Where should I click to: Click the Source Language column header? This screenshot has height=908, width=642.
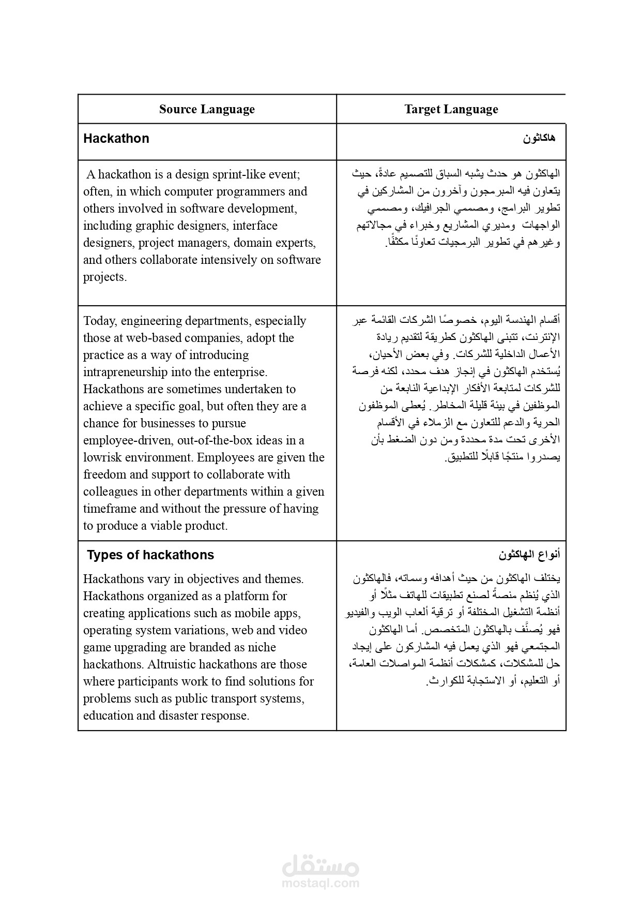pyautogui.click(x=207, y=109)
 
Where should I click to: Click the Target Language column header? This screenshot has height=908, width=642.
pyautogui.click(x=451, y=109)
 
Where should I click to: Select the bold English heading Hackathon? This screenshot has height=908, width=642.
pyautogui.click(x=116, y=139)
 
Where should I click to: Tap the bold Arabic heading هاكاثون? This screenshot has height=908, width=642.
pyautogui.click(x=539, y=139)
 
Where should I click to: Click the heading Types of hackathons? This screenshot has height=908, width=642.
pyautogui.click(x=150, y=555)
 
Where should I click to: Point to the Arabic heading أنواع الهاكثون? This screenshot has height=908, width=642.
pyautogui.click(x=529, y=555)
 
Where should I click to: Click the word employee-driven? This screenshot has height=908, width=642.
pyautogui.click(x=129, y=440)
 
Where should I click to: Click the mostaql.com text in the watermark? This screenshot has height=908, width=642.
pyautogui.click(x=320, y=884)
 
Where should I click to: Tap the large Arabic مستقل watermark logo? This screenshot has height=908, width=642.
pyautogui.click(x=320, y=864)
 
